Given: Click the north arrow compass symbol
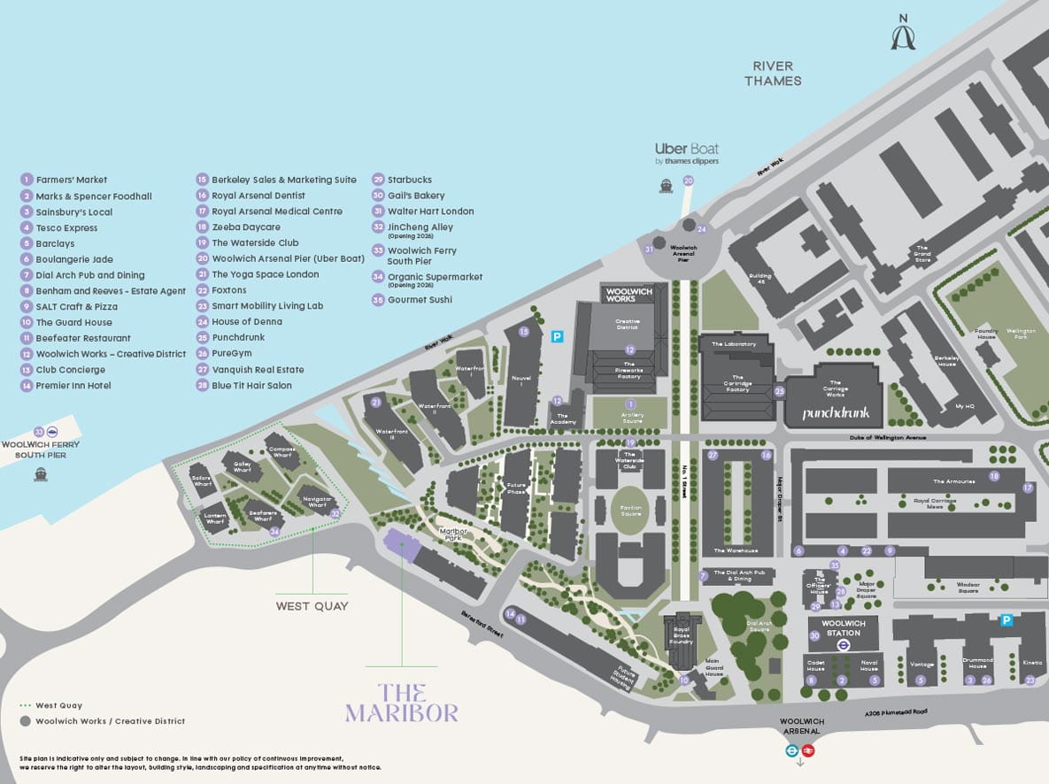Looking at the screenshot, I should (903, 33).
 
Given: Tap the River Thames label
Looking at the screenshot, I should (772, 73).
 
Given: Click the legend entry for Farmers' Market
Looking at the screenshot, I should (71, 180).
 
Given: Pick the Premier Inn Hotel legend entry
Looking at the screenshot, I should (73, 386).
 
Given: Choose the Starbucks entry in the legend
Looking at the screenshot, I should (409, 180).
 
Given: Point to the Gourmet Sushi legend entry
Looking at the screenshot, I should (419, 300).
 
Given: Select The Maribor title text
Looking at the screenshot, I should (401, 703).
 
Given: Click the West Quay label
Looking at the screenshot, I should (312, 606).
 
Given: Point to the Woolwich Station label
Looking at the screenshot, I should (843, 628).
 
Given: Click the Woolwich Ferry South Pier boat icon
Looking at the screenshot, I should (40, 474).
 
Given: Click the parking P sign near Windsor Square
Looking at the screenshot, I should (1006, 620).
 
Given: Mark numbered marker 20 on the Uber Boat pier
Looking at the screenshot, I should (688, 181).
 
